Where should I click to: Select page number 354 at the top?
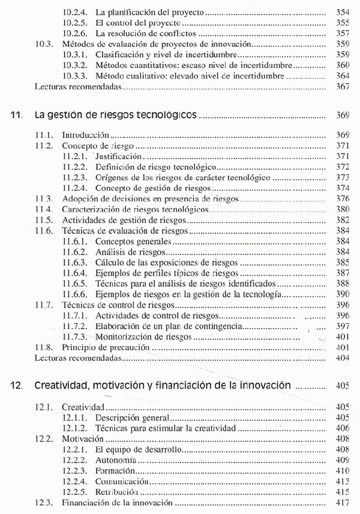click(x=343, y=11)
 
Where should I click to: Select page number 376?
click(x=343, y=199)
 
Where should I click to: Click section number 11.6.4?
click(x=75, y=273)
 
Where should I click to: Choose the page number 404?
click(x=343, y=358)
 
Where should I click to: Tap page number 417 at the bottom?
click(x=343, y=503)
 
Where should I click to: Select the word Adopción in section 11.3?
click(x=80, y=199)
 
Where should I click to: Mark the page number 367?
click(x=343, y=86)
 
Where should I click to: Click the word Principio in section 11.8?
click(x=80, y=347)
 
